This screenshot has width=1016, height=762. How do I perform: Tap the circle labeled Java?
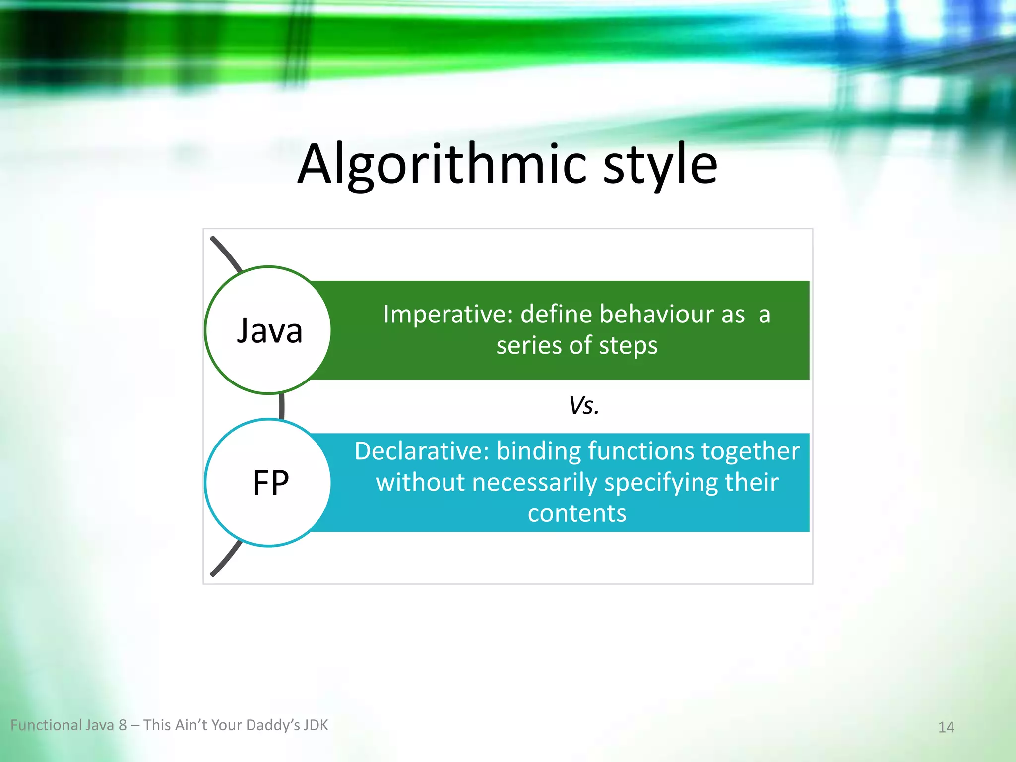coord(268,330)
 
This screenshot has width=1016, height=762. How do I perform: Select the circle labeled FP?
coord(268,483)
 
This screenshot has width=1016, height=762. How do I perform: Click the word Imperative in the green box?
coord(447,315)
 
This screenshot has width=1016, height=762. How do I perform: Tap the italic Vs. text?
coord(584,405)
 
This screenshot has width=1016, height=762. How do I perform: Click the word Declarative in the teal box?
coord(421,451)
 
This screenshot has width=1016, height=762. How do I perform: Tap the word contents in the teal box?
coord(576,513)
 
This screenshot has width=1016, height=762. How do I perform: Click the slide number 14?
coord(946,727)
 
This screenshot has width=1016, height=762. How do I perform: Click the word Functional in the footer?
coord(46,725)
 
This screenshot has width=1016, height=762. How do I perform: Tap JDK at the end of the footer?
coord(316,725)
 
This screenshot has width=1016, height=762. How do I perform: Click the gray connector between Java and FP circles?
coord(282,406)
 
